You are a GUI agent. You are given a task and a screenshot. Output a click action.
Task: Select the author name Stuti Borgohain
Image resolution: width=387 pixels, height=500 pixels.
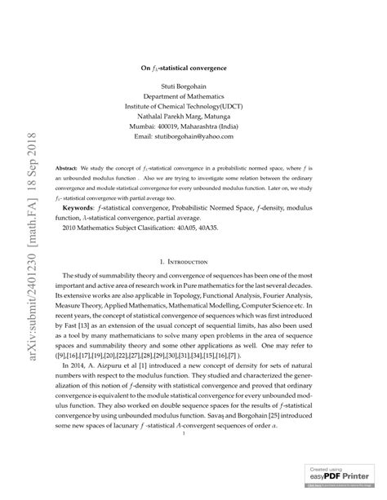[x=193, y=84]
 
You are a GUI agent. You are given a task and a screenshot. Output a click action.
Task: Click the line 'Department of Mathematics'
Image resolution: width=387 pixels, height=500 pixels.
[x=193, y=95]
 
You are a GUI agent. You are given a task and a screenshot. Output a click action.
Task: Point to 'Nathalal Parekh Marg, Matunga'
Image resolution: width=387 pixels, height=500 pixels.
[x=193, y=117]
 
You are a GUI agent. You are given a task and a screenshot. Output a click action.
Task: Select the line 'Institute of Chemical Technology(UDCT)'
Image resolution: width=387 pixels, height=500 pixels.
[x=193, y=106]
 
